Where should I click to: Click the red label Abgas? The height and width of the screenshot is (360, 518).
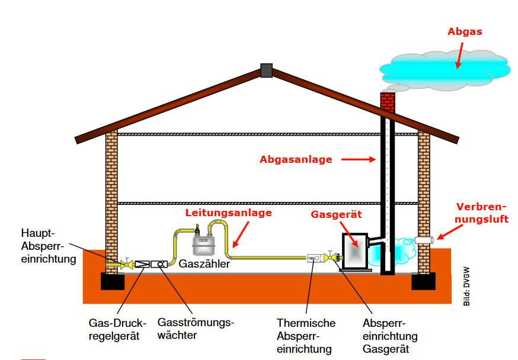465,32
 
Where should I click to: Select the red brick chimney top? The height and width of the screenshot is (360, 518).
388,103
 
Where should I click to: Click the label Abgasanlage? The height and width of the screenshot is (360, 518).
296,159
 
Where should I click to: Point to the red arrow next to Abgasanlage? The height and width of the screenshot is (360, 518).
359,159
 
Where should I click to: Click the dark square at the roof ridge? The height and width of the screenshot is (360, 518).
266,70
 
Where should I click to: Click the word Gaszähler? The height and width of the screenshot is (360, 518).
204,265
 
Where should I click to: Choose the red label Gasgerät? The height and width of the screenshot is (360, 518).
337,214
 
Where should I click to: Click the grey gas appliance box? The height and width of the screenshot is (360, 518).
355,252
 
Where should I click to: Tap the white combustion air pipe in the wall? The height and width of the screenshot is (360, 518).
426,240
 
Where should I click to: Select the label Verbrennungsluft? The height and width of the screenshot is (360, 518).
482,213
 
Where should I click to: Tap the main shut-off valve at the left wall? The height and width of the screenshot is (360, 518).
126,263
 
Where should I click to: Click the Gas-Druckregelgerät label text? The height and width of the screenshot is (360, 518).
117,329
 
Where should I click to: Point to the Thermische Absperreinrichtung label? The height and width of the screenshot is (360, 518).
306,336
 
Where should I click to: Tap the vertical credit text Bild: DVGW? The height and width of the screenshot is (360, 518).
466,290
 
